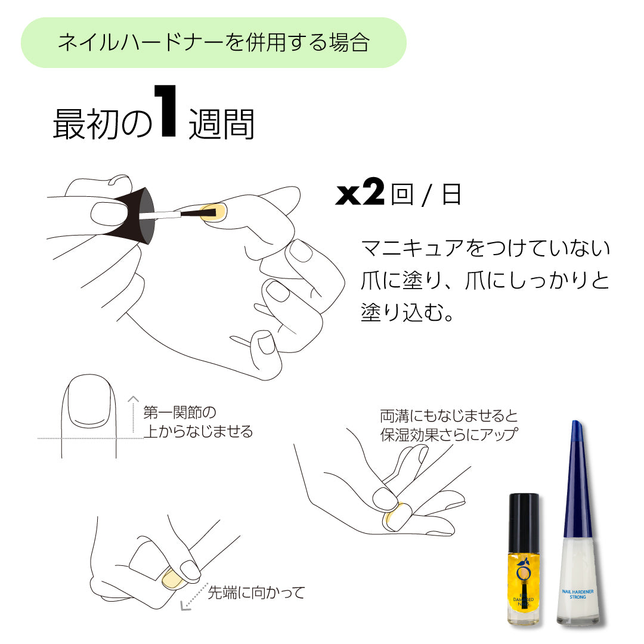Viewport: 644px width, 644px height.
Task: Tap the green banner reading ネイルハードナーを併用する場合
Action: (x=213, y=43)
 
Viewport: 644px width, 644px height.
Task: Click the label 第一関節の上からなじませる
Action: (x=198, y=422)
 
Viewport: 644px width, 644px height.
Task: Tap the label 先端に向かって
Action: (x=256, y=593)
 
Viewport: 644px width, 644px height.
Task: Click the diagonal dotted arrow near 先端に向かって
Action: (x=193, y=597)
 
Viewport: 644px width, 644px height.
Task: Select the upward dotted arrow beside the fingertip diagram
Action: (x=134, y=414)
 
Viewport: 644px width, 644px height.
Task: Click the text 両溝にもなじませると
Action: (x=449, y=415)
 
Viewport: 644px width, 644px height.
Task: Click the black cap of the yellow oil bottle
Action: (x=524, y=516)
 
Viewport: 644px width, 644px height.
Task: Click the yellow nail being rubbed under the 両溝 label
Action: (x=397, y=515)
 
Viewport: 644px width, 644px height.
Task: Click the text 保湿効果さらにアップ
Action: (x=448, y=434)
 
